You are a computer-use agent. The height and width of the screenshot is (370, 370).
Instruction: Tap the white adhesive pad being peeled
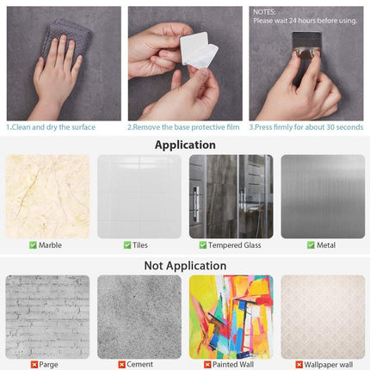click(x=198, y=50)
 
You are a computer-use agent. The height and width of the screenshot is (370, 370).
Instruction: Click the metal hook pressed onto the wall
click(x=306, y=45)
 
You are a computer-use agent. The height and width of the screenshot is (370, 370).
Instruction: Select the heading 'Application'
click(x=185, y=145)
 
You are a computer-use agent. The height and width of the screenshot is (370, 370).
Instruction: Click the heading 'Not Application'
click(x=185, y=266)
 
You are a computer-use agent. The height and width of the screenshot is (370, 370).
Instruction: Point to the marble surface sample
click(x=47, y=197)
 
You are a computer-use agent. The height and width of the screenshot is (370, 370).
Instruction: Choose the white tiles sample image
click(x=139, y=197)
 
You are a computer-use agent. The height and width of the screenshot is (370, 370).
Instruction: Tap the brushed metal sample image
click(x=323, y=197)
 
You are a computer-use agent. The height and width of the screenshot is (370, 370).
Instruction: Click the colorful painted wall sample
click(x=231, y=317)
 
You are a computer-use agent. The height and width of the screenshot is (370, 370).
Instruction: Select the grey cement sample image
click(x=139, y=317)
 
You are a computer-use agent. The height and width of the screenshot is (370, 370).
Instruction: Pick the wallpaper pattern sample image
click(x=323, y=317)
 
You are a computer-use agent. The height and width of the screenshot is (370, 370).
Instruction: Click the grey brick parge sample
click(x=47, y=317)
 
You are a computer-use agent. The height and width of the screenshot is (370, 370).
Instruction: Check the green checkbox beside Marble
click(x=33, y=245)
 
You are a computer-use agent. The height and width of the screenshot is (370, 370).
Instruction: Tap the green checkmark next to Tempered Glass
click(x=203, y=245)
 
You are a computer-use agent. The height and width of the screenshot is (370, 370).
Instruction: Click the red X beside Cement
click(x=121, y=365)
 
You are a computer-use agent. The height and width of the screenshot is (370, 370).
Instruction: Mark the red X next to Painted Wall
click(x=207, y=365)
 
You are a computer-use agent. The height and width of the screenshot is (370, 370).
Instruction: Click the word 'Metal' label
click(x=326, y=245)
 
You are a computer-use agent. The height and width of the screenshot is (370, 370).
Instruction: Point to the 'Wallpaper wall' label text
click(x=329, y=365)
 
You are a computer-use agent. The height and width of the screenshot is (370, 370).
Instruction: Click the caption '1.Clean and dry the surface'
click(x=51, y=127)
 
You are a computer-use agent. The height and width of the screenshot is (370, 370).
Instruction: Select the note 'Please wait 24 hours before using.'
click(x=305, y=21)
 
